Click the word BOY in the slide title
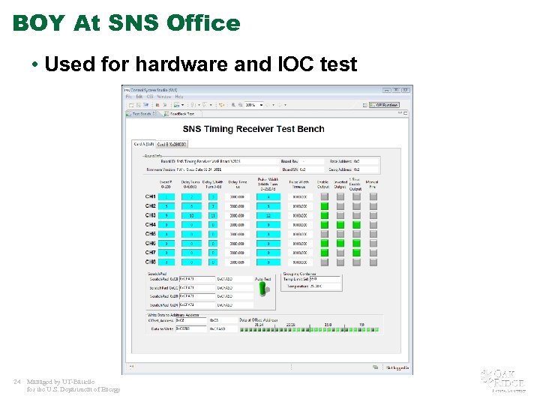(x=38, y=23)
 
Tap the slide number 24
(x=16, y=381)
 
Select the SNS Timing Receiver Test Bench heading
(x=253, y=129)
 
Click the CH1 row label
(x=150, y=196)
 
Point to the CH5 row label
(x=150, y=234)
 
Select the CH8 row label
(x=150, y=262)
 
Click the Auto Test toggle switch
(x=263, y=289)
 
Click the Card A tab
(x=143, y=144)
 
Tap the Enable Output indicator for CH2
(x=324, y=206)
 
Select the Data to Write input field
(x=191, y=328)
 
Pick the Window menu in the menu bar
(x=163, y=97)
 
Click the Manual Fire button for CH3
(x=372, y=215)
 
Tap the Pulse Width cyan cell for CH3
(x=268, y=215)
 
